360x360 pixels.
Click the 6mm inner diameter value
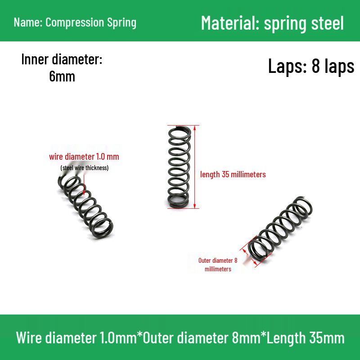62,76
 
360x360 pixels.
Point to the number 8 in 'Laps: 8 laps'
316,66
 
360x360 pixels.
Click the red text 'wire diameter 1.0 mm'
84,157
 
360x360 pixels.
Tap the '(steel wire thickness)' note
85,167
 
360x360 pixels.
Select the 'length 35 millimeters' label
233,174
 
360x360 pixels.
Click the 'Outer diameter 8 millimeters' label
218,265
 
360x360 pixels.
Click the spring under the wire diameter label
85,207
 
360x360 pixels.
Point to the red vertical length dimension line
195,167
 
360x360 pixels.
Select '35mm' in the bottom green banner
327,338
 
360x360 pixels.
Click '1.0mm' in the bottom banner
118,338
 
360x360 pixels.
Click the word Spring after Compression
121,23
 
